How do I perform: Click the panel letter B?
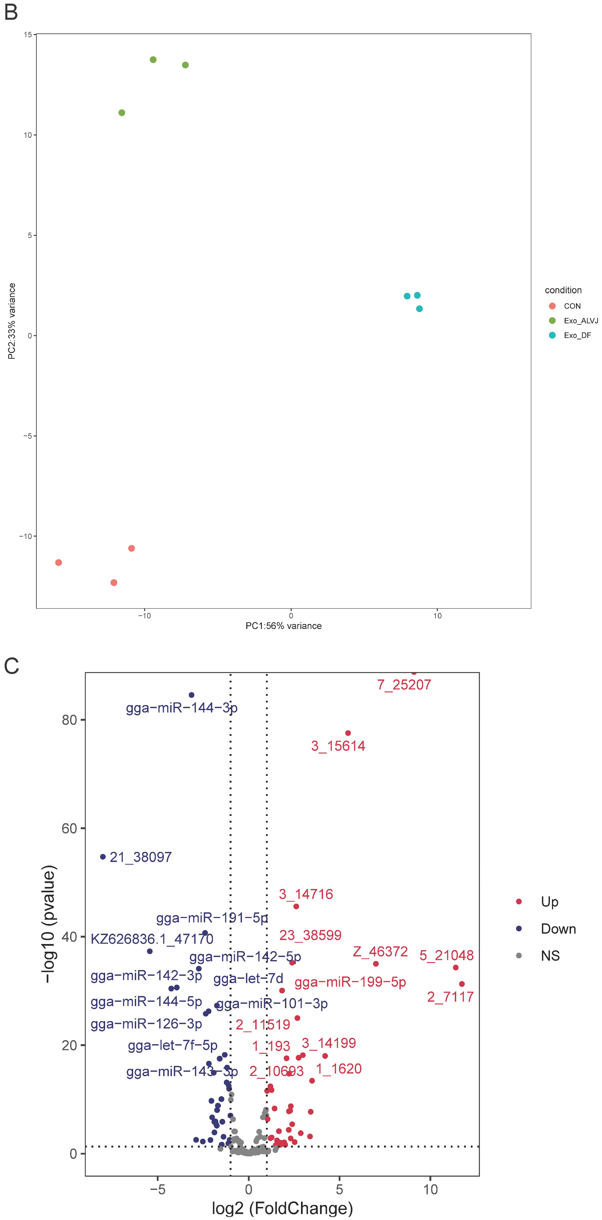pyautogui.click(x=11, y=12)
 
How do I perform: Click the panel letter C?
pyautogui.click(x=11, y=666)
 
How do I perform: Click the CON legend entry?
pyautogui.click(x=572, y=306)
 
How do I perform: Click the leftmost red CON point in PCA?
pyautogui.click(x=59, y=563)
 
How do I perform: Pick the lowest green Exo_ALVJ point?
pyautogui.click(x=122, y=113)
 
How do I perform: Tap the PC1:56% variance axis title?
pyautogui.click(x=283, y=626)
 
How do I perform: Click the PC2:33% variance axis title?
pyautogui.click(x=12, y=321)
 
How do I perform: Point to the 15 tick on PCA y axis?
pyautogui.click(x=28, y=35)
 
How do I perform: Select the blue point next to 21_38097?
pyautogui.click(x=103, y=857)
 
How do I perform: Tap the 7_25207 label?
pyautogui.click(x=404, y=685)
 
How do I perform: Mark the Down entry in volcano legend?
pyautogui.click(x=558, y=929)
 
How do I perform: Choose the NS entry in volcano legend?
pyautogui.click(x=550, y=956)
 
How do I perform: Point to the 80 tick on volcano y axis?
pyautogui.click(x=69, y=720)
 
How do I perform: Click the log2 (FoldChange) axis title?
pyautogui.click(x=282, y=1208)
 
